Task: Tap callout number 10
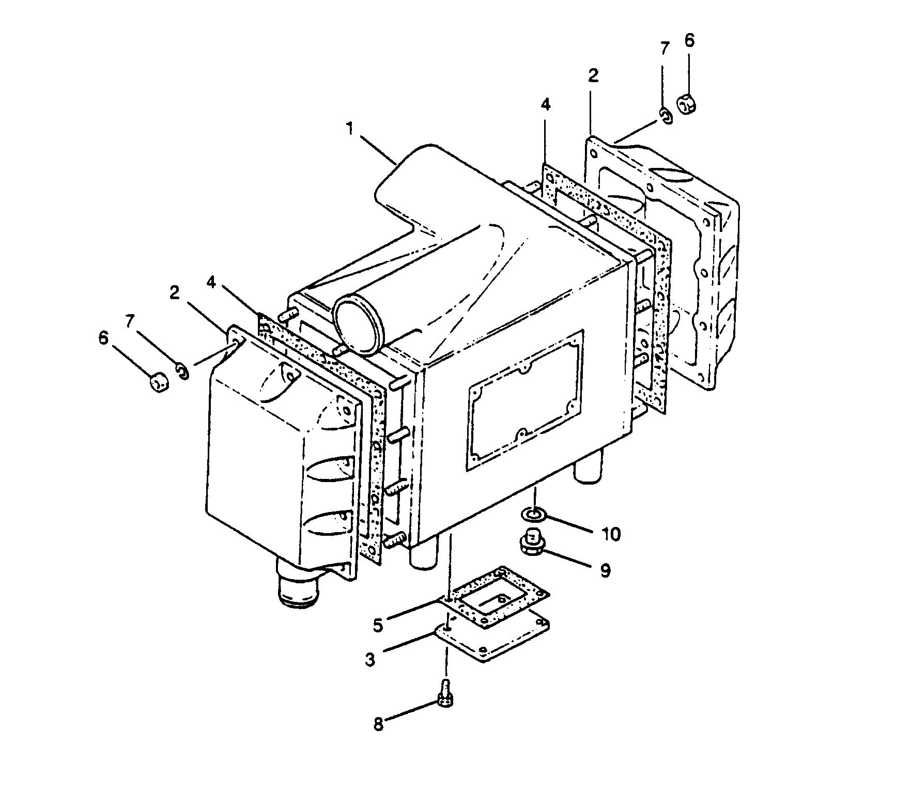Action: [x=611, y=534]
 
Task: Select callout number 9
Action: [x=605, y=570]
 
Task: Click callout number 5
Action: [x=378, y=625]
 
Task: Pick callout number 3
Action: [x=369, y=660]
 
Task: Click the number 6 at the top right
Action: [x=690, y=41]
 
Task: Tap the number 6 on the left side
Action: [x=103, y=338]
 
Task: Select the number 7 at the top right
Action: [x=665, y=49]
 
